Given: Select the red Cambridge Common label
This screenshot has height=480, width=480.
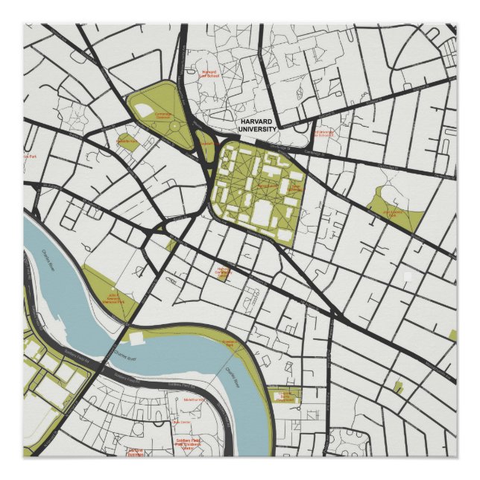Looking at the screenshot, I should [x=163, y=116].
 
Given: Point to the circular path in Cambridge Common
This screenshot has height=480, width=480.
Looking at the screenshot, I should [x=174, y=125].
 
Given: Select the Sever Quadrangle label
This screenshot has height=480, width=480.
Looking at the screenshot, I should [x=268, y=186].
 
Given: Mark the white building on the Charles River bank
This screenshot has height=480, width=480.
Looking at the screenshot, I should [x=136, y=338].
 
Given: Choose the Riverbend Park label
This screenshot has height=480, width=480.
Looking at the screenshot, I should [x=228, y=342].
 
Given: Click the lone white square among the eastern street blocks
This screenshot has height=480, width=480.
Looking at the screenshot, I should [x=407, y=277].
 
